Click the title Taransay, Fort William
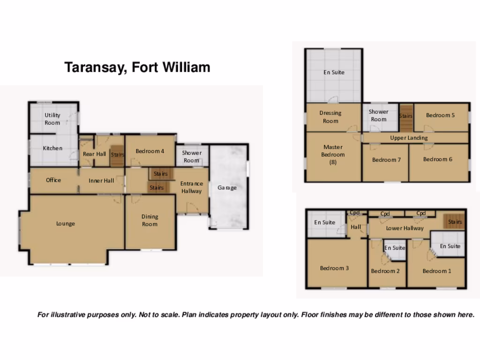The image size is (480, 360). tap(137, 67)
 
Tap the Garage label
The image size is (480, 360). tap(227, 187)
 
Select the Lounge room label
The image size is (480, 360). tap(66, 224)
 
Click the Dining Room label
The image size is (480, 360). tap(150, 220)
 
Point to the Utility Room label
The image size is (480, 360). tap(52, 119)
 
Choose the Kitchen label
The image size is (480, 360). tap(52, 148)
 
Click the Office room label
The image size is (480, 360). tap(53, 180)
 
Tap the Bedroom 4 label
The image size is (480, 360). tap(150, 151)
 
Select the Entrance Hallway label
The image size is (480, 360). tap(192, 187)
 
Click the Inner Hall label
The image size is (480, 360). tap(102, 180)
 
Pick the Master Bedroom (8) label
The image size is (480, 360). tap(333, 154)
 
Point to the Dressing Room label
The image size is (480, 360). tap(330, 117)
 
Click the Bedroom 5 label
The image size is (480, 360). tap(440, 115)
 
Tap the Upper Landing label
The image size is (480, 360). tap(409, 138)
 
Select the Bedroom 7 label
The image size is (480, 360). tap(386, 160)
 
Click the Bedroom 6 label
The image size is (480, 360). tap(438, 159)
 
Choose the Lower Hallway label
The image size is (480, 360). tap(405, 228)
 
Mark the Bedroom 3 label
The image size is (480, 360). tap(334, 268)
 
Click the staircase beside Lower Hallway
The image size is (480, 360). tap(454, 222)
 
